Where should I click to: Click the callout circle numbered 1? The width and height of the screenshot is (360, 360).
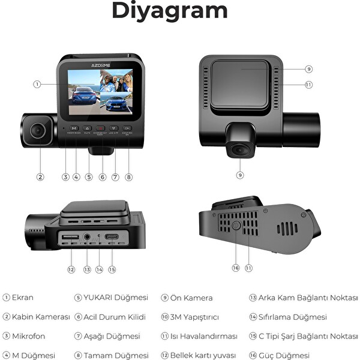tap(38, 85)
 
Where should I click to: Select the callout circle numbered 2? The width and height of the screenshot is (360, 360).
tap(40, 176)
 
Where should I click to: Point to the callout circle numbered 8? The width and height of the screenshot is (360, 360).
tap(128, 177)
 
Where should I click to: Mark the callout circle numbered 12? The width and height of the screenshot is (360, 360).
tap(71, 269)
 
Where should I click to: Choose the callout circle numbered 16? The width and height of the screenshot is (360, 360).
tap(236, 268)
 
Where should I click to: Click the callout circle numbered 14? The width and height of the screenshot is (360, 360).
tap(99, 269)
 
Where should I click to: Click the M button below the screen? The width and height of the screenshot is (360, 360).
tap(74, 128)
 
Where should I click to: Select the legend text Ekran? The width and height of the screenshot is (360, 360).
tap(23, 298)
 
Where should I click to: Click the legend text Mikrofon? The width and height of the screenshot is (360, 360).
tap(28, 336)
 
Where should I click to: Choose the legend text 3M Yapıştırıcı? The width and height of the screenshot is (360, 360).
tap(195, 317)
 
